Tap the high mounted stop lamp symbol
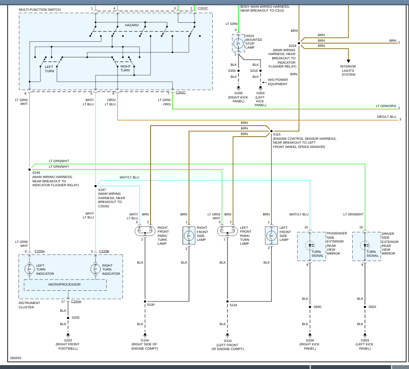click(x=238, y=43)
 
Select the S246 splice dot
click(x=30, y=169)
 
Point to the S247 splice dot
click(x=95, y=186)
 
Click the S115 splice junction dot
click(x=271, y=131)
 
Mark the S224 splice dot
click(x=299, y=43)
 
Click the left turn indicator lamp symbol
click(x=30, y=269)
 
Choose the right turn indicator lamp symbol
click(x=95, y=269)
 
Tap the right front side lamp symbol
click(x=189, y=236)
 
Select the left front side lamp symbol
click(x=271, y=236)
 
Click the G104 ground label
click(x=145, y=340)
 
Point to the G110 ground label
click(x=228, y=341)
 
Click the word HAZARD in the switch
click(x=132, y=25)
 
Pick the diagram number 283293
click(x=15, y=358)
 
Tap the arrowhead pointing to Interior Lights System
click(x=348, y=61)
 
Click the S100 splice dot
click(x=145, y=301)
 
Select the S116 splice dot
click(x=228, y=301)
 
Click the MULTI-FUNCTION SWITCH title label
click(x=40, y=9)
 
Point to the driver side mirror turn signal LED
click(x=365, y=246)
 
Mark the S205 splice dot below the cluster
click(x=68, y=318)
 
